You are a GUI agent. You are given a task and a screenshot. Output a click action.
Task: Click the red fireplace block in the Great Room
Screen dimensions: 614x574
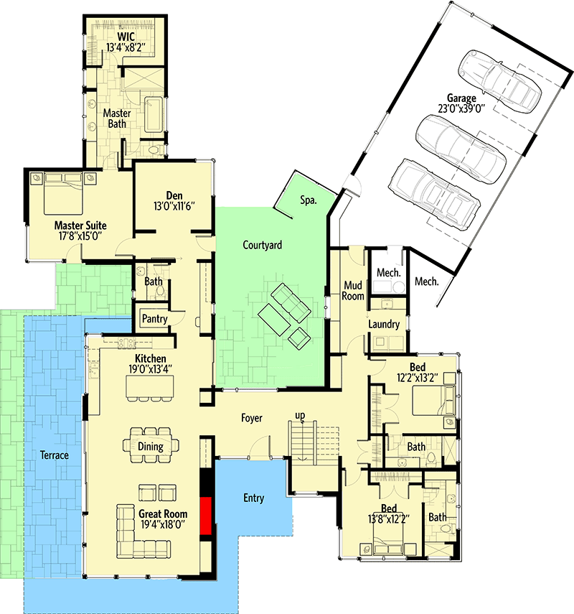coord(206,516)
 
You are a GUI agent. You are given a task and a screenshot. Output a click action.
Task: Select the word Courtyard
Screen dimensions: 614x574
coord(262,245)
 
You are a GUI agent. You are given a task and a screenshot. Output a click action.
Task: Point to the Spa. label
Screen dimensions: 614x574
coord(309,201)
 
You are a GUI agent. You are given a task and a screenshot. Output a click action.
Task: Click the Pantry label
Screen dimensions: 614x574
coord(154,318)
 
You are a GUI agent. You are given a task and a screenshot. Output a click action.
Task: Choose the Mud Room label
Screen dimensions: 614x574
coord(353,290)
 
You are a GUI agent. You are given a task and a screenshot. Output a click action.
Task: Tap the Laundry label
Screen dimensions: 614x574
coord(384,325)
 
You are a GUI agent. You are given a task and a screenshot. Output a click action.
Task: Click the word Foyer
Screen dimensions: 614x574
coord(251,417)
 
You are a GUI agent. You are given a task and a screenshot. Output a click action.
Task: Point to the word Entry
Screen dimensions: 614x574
coord(253,498)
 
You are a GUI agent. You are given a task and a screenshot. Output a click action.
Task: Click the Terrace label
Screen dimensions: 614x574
coord(54,455)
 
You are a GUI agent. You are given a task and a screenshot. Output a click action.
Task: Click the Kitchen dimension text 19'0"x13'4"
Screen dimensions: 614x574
coord(151,370)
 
